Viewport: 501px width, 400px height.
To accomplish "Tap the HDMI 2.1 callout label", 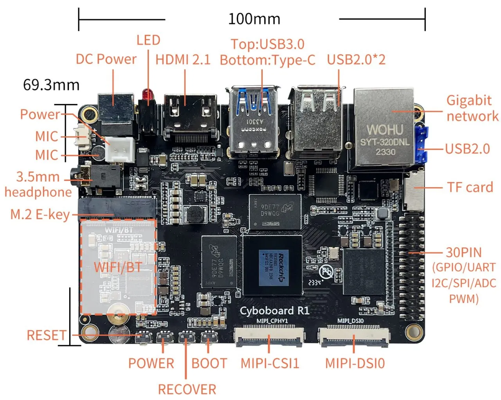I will pos(183,59).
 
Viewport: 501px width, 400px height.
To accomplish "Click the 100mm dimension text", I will pos(254,19).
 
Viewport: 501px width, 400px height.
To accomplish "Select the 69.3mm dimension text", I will pos(51,85).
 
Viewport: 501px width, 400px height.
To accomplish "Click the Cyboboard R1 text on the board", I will pos(274,311).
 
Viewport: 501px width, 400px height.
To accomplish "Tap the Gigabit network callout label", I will pos(472,108).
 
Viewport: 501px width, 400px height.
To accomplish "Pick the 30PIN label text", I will pos(464,252).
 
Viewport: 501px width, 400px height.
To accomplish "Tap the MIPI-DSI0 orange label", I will pos(355,363).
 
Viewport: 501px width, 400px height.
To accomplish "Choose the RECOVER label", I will pos(187,389).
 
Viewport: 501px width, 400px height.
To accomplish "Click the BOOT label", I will pos(209,363).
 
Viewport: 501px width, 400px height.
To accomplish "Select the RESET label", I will pos(46,335).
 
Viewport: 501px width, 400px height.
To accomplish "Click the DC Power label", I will pos(106,59).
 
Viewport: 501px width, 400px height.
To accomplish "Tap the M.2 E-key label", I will pos(40,214).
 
